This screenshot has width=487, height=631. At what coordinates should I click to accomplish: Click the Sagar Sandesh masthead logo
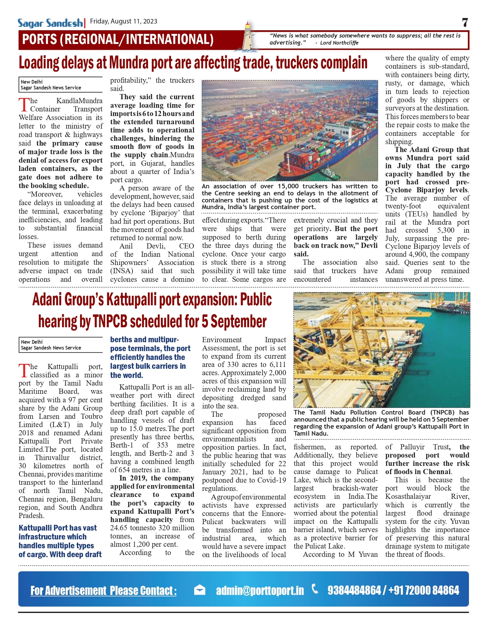point(50,23)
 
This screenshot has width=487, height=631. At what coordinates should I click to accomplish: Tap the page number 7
point(465,23)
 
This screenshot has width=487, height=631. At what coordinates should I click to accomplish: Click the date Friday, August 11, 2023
point(124,21)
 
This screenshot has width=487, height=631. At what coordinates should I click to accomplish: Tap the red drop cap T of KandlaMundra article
point(24,105)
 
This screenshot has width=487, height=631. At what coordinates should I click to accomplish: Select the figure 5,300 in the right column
point(445,230)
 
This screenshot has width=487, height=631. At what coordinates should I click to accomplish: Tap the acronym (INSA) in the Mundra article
point(122,271)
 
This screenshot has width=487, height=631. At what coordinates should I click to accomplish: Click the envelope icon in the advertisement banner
point(199,590)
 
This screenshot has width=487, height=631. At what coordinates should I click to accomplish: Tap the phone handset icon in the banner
point(315,588)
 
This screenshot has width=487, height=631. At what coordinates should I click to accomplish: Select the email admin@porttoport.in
point(260,590)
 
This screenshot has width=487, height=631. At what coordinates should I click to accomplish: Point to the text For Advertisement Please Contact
point(103,590)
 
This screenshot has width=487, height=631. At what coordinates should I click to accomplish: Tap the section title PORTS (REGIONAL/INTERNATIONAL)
point(118,40)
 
